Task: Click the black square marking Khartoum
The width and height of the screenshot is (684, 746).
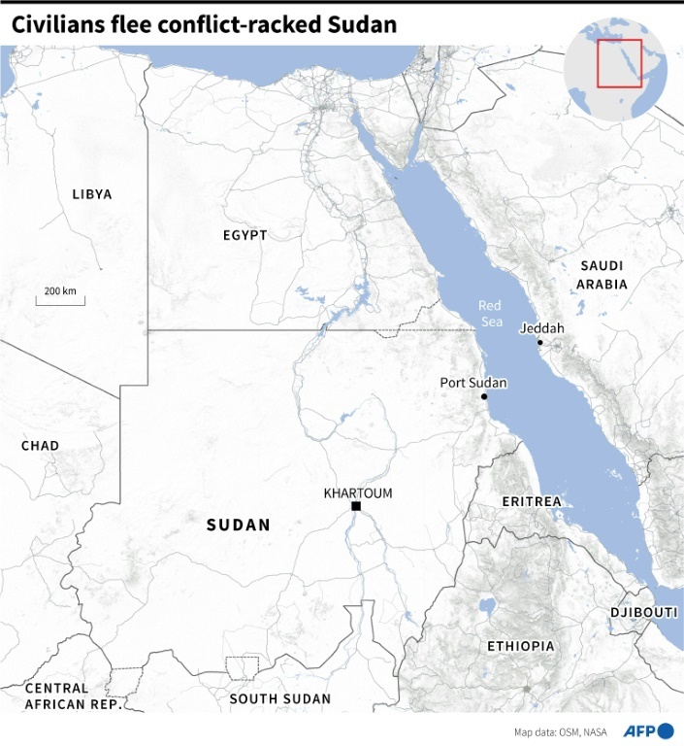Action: [356, 507]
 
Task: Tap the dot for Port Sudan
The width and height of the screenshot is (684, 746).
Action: [484, 396]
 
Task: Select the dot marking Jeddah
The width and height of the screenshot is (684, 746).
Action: [539, 342]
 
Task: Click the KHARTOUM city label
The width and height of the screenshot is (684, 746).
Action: [358, 493]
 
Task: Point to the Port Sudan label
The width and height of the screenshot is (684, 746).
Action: [473, 383]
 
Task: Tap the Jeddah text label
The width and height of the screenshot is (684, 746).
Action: [541, 328]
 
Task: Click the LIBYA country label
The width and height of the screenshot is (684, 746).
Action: [92, 194]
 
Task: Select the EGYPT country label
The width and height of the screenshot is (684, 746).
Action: [244, 235]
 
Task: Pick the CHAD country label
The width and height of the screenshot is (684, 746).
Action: [41, 446]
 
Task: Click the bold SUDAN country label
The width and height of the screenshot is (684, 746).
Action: [239, 525]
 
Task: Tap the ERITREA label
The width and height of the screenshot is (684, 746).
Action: [532, 501]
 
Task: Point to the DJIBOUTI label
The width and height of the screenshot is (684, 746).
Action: [643, 613]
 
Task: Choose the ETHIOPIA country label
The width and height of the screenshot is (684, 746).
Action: [521, 646]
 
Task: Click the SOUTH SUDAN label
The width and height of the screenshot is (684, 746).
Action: [279, 698]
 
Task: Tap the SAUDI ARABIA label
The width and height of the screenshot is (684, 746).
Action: [602, 275]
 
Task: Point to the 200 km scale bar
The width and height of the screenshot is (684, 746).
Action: [60, 301]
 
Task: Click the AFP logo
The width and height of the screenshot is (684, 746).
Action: [651, 730]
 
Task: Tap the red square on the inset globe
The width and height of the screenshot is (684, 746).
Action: [619, 63]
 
